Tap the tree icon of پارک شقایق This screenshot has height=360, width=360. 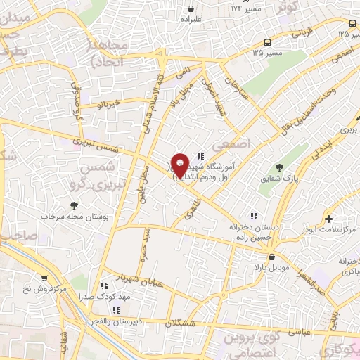[x=280, y=167]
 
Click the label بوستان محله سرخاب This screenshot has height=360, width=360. [x=74, y=219]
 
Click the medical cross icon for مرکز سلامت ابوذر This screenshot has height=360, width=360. [x=329, y=219]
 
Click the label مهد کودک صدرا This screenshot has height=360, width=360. [x=125, y=297]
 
